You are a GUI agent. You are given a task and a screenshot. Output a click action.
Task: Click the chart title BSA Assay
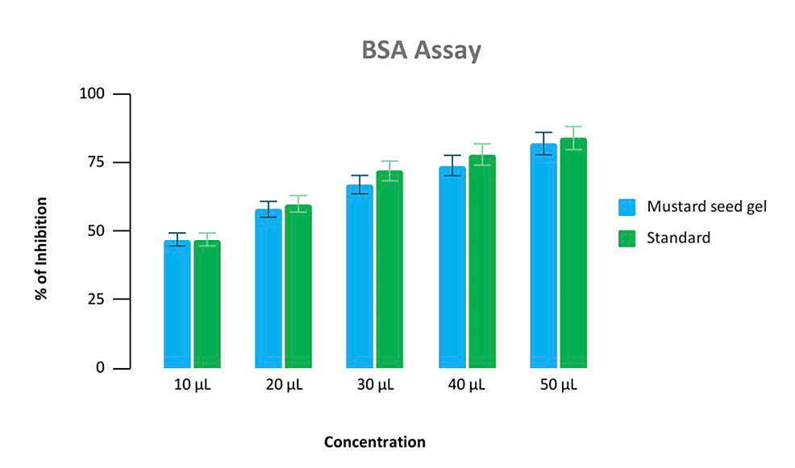point(420,51)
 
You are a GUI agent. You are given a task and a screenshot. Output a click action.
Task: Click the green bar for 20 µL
point(298,287)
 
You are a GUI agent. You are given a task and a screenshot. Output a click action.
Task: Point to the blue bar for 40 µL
point(452,267)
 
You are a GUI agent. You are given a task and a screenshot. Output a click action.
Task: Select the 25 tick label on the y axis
point(97,300)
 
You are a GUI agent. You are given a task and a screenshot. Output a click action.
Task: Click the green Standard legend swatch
point(627,238)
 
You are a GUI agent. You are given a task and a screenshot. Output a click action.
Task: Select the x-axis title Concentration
point(375,442)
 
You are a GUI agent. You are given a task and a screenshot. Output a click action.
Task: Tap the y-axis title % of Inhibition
point(41,248)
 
